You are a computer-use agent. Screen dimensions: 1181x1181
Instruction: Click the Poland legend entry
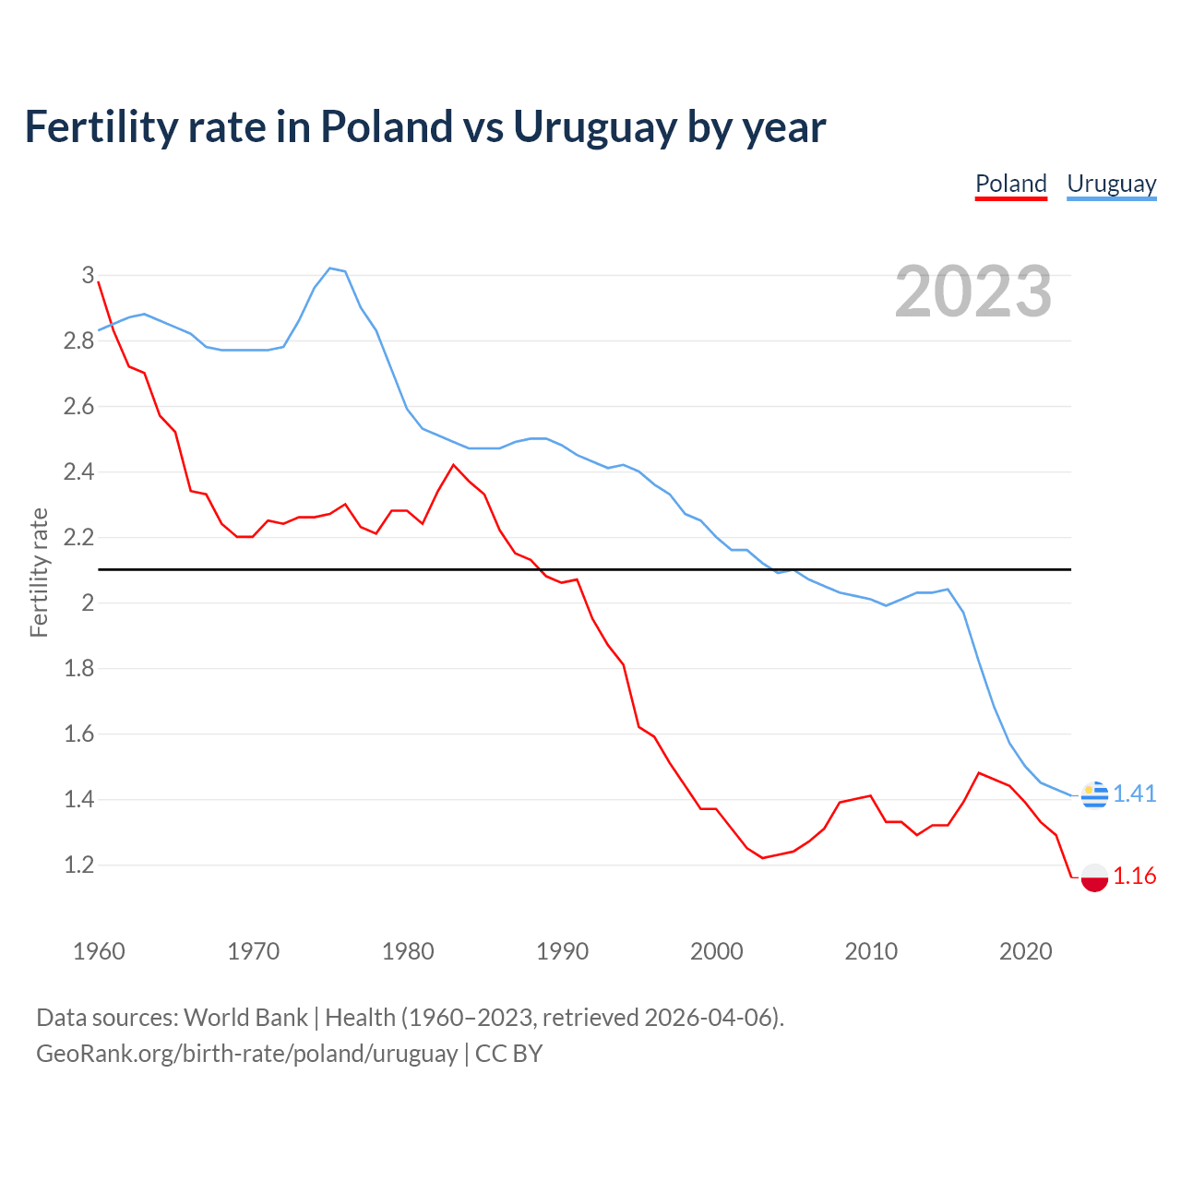tap(1010, 184)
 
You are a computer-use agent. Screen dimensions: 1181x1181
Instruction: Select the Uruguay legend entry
tap(1111, 184)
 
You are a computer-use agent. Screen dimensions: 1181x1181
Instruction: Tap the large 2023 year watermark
tap(973, 292)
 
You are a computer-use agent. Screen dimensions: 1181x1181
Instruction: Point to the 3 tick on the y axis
tap(88, 275)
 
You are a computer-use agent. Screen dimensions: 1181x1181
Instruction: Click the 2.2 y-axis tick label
tap(78, 537)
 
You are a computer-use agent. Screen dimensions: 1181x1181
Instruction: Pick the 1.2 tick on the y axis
tap(78, 865)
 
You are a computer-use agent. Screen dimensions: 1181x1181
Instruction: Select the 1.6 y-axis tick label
tap(78, 734)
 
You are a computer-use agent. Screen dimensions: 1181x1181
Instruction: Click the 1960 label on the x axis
tap(99, 951)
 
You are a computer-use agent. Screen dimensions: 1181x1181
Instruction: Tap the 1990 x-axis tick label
tap(562, 951)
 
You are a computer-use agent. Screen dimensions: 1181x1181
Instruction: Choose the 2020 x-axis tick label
tap(1025, 951)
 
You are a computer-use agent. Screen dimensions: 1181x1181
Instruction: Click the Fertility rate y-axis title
tap(39, 572)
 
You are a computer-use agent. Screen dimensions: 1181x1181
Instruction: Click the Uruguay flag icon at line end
tap(1094, 794)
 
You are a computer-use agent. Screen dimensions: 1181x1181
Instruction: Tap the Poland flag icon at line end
tap(1094, 877)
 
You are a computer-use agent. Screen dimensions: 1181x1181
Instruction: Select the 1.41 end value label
tap(1134, 793)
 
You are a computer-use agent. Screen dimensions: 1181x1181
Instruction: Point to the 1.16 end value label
tap(1134, 876)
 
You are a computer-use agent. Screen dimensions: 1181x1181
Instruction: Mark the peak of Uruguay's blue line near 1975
tap(329, 268)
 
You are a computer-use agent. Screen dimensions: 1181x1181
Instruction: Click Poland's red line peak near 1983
tap(453, 465)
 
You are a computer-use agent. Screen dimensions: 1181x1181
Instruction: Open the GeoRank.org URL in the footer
tap(246, 1054)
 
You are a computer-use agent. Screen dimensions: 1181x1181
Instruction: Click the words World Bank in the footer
tap(245, 1018)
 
